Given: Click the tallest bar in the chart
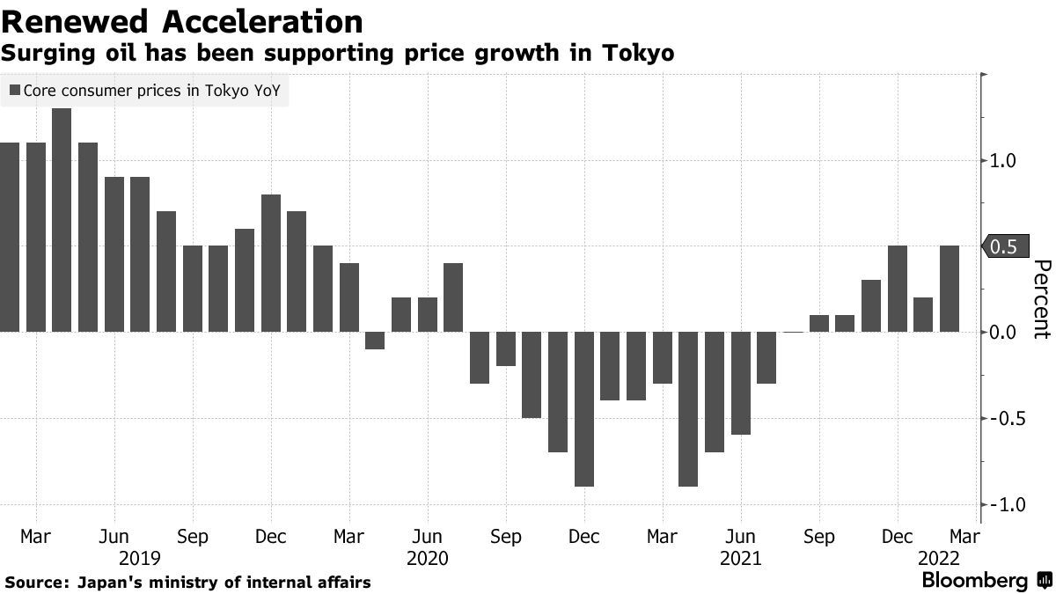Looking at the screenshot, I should coord(62,220).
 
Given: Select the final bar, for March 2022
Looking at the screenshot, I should coord(950,289).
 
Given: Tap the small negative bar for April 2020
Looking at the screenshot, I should coord(375,341).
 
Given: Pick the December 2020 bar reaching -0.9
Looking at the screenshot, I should coord(583,409).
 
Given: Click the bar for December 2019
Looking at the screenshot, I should coord(271,263).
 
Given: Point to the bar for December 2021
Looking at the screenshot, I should coord(898,289).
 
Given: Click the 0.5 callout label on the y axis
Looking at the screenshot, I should coord(1004,247).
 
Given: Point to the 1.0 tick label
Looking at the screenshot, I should coord(1003,161).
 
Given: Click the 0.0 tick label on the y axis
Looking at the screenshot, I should coord(1003,333).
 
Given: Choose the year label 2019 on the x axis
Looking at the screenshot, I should coord(140,559).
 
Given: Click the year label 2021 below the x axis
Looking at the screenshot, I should coord(741,559).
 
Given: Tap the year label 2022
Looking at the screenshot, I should coord(938,559).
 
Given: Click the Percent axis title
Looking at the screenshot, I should coord(1041,299).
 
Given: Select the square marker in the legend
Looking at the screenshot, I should coord(15,90).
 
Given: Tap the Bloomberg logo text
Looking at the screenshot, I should coord(974,581).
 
